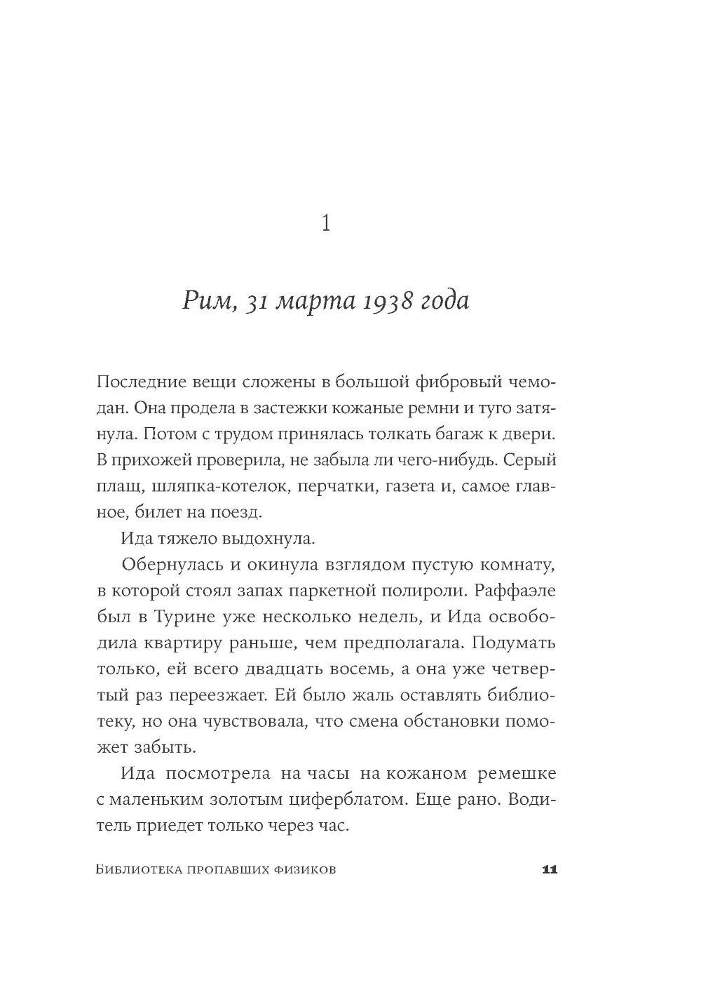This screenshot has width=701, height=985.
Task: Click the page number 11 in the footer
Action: click(x=549, y=870)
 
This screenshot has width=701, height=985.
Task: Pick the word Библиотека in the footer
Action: click(x=137, y=870)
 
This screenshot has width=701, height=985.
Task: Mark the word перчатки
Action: click(x=336, y=486)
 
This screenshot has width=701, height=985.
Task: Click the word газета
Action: click(x=411, y=486)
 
